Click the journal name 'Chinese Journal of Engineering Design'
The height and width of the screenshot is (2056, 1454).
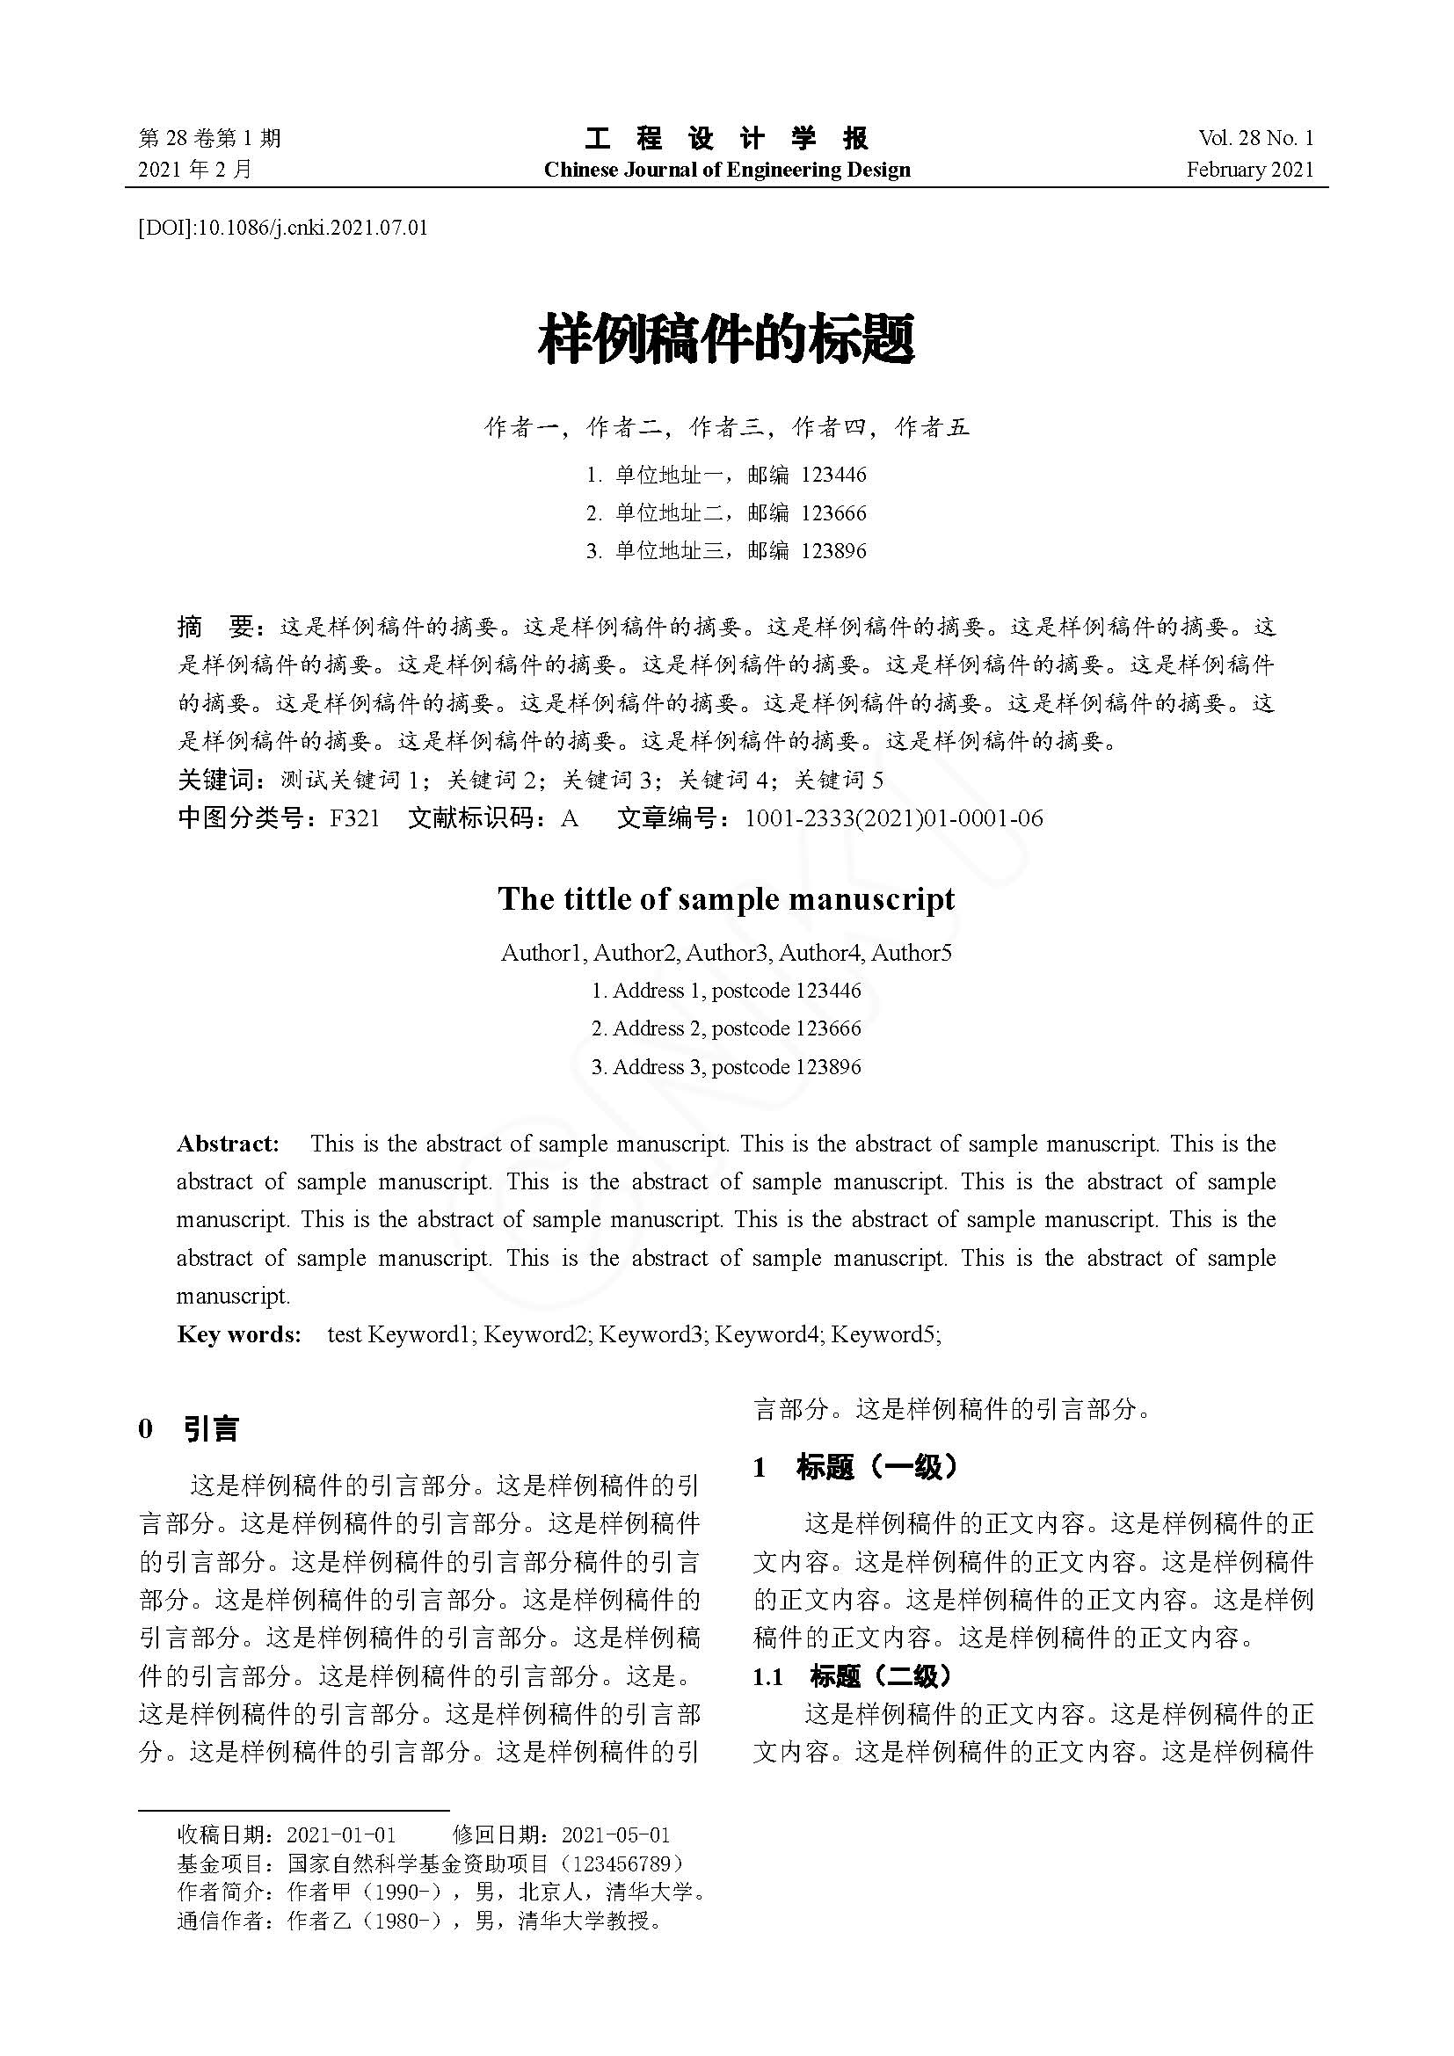[726, 171]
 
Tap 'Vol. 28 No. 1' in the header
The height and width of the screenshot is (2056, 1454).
[1255, 138]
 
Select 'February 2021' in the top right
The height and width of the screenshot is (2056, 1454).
[1250, 171]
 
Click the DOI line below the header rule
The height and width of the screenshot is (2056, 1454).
[283, 229]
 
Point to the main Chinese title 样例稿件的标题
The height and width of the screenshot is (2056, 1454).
[726, 340]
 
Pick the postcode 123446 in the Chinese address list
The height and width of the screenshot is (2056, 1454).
[833, 475]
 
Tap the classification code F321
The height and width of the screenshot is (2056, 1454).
[354, 818]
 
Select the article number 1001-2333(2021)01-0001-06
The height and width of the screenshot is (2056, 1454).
[893, 818]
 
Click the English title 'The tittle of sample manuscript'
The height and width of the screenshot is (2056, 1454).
[726, 899]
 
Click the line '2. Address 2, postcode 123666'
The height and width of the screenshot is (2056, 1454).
[726, 1029]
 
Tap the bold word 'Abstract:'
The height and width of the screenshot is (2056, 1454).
[229, 1144]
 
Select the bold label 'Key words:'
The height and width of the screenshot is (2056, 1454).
[239, 1334]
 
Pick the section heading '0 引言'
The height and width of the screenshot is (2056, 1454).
[190, 1429]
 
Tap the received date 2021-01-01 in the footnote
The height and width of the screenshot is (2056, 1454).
[340, 1834]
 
